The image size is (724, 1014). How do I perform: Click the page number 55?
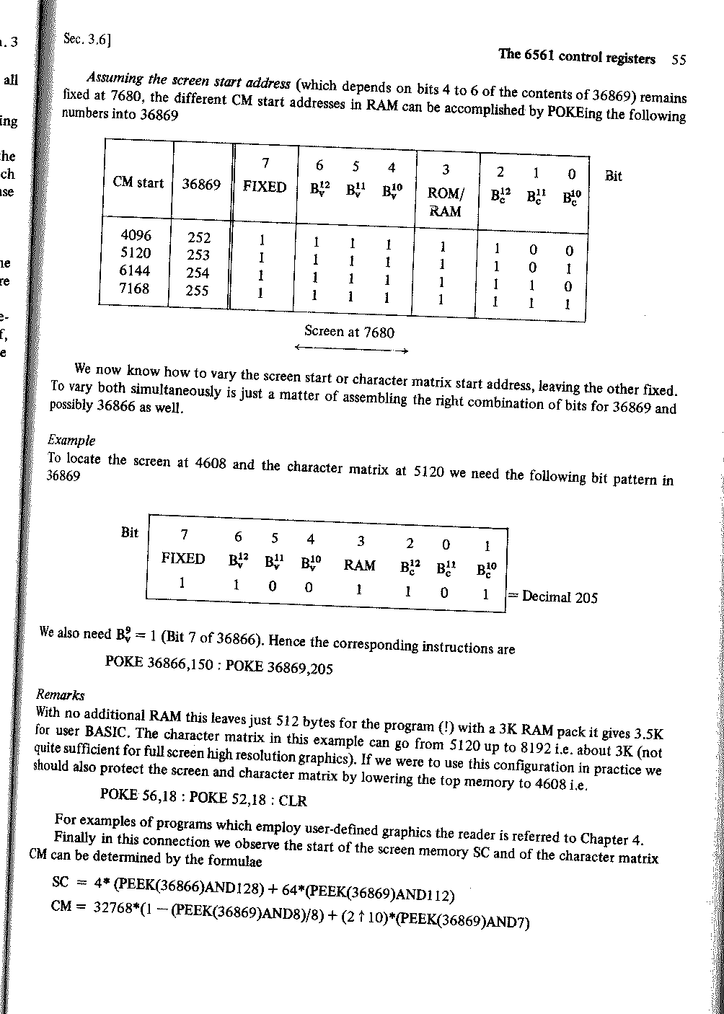pyautogui.click(x=678, y=61)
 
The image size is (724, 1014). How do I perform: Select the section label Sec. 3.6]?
pyautogui.click(x=87, y=39)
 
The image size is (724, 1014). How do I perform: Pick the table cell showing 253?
pyautogui.click(x=198, y=255)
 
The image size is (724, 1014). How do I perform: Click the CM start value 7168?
pyautogui.click(x=134, y=289)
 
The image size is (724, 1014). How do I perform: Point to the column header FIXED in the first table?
pyautogui.click(x=265, y=188)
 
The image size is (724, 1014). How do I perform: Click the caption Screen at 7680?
pyautogui.click(x=349, y=332)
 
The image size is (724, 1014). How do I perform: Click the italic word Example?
pyautogui.click(x=71, y=441)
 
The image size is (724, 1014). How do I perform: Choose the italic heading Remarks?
pyautogui.click(x=61, y=695)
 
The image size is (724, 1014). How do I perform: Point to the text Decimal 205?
pyautogui.click(x=560, y=597)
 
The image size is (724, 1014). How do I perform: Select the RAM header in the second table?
pyautogui.click(x=359, y=565)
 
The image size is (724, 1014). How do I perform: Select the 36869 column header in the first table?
pyautogui.click(x=201, y=184)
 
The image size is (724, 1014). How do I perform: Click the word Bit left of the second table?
pyautogui.click(x=130, y=533)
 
